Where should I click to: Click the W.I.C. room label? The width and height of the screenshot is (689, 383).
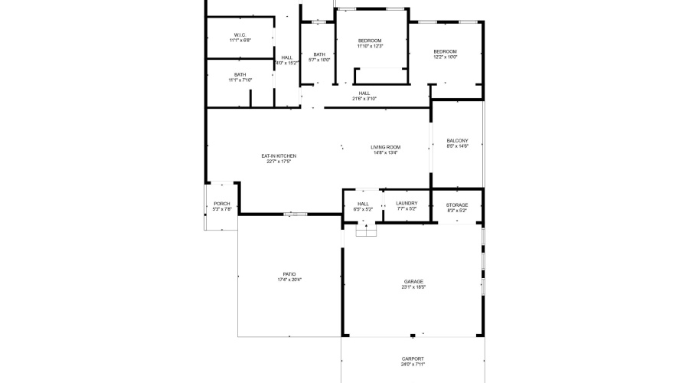(240, 35)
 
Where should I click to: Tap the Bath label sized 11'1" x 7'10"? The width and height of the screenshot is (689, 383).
(240, 74)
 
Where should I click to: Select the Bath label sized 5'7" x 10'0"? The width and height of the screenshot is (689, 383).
(319, 54)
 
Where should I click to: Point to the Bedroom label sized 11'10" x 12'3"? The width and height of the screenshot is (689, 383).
(370, 41)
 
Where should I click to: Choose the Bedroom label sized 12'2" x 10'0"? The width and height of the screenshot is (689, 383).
(445, 51)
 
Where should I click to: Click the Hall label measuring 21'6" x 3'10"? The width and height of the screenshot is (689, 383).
(364, 93)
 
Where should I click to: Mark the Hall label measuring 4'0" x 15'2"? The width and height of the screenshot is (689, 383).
(286, 57)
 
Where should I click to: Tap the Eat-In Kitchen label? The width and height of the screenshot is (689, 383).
(279, 156)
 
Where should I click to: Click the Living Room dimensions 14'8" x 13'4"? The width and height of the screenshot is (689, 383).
(385, 153)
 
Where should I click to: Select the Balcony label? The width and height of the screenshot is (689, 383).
(457, 141)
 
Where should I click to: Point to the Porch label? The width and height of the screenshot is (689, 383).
(222, 204)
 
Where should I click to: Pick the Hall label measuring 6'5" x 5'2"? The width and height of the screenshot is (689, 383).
(363, 204)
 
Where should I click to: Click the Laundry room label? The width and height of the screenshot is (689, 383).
(407, 204)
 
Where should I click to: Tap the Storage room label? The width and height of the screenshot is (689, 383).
(457, 205)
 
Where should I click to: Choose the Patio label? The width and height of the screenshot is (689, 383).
(289, 274)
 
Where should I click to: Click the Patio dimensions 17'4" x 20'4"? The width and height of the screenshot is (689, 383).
(289, 280)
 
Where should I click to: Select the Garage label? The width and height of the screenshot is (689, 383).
(413, 282)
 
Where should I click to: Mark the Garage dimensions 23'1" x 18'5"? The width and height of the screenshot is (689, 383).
(413, 287)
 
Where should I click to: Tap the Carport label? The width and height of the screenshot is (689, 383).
(413, 358)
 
